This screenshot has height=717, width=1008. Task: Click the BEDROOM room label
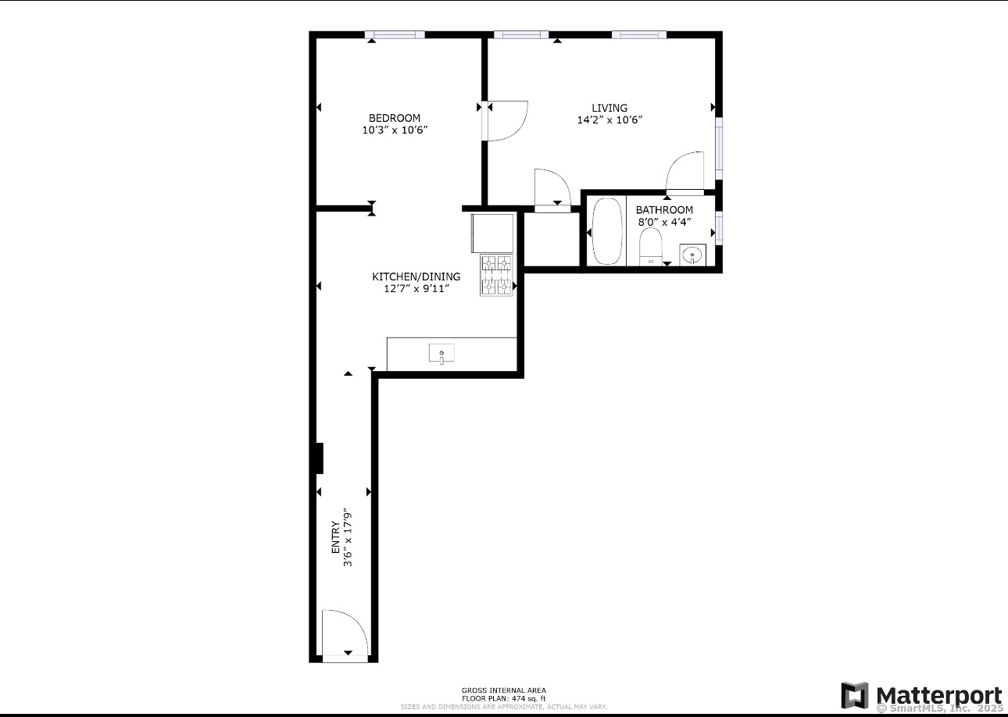click(x=395, y=118)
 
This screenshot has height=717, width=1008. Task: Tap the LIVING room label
click(x=609, y=108)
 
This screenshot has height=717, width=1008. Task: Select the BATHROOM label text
click(x=664, y=209)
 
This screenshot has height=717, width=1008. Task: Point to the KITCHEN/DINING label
click(x=416, y=276)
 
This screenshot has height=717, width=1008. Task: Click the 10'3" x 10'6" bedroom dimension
click(x=395, y=130)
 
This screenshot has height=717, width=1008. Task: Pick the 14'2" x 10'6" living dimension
click(x=609, y=120)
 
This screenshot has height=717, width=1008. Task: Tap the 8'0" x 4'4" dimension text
click(x=664, y=222)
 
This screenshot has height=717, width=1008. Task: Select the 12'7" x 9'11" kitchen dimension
click(x=416, y=289)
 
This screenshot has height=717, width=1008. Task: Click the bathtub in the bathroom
click(x=607, y=231)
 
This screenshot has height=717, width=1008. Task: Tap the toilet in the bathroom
click(x=650, y=248)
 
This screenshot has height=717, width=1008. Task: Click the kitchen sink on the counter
click(x=441, y=354)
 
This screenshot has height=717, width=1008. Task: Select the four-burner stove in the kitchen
click(x=496, y=276)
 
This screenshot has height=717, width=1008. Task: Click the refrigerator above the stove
click(x=492, y=233)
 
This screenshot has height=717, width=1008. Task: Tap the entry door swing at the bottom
click(x=344, y=634)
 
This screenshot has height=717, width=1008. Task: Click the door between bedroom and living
click(x=506, y=121)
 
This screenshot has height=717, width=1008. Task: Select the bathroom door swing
click(x=685, y=172)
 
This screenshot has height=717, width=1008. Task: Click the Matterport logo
click(x=921, y=695)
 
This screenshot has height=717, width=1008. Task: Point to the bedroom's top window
click(x=395, y=34)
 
